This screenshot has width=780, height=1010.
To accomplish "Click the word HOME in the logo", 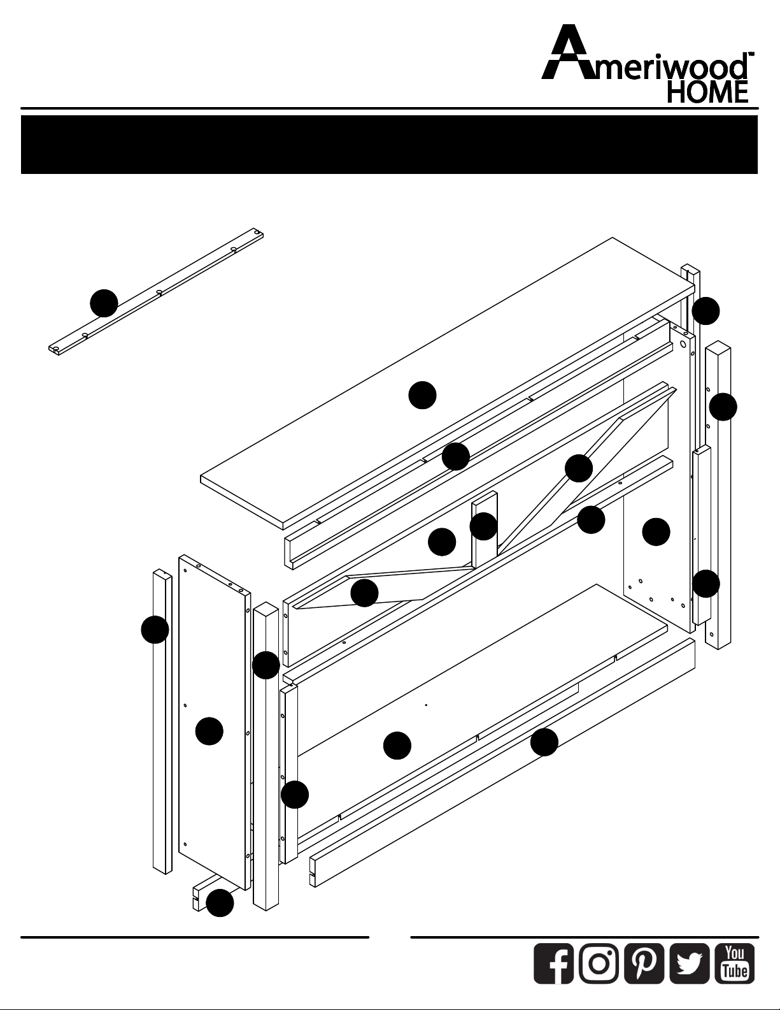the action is point(707,92).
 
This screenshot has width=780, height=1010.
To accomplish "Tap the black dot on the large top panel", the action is point(423,395).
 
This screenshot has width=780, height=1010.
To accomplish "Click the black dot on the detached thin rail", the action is point(104,303).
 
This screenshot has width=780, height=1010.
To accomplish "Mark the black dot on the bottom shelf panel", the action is point(397,746).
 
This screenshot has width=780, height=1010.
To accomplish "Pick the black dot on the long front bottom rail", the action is point(544,742).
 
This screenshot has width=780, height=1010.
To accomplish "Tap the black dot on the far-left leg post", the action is point(155,630).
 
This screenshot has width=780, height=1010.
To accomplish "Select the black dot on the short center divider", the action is point(484,526).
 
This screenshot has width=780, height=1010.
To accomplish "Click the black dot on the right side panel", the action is point(656,531).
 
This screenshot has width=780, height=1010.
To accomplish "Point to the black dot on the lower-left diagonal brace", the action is point(364,593).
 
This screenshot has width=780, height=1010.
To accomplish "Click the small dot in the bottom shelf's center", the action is point(426,705).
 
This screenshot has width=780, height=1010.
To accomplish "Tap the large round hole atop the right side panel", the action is point(683,344).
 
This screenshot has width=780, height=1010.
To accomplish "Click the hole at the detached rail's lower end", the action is point(56,348).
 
